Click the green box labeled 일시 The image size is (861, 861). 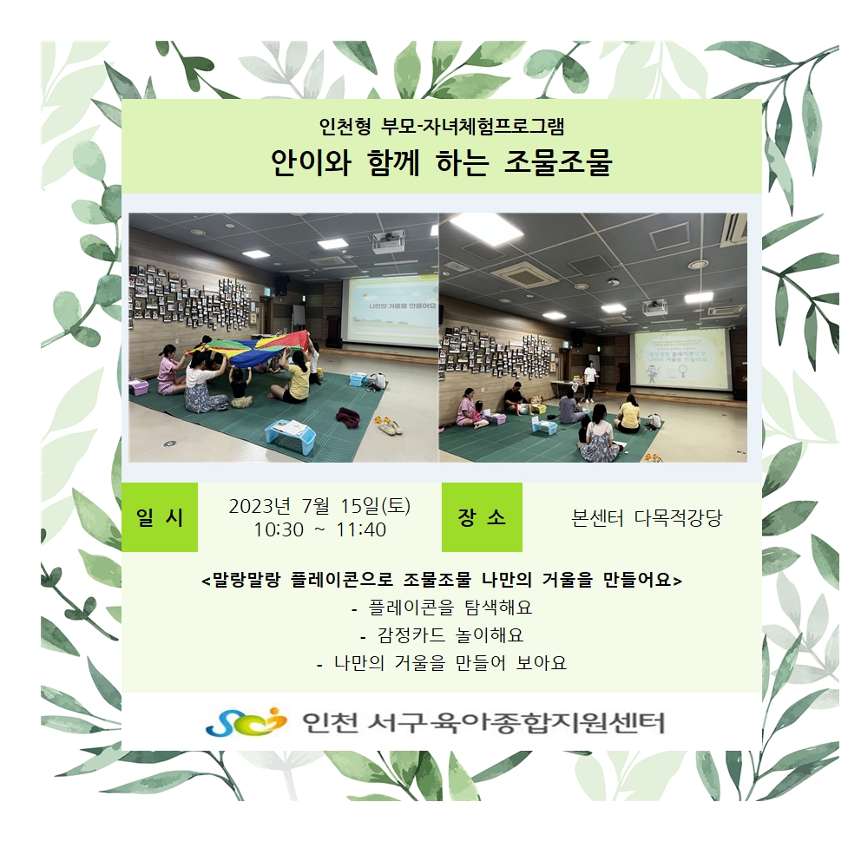(159, 516)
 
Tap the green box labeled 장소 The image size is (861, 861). (482, 516)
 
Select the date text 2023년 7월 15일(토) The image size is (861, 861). (319, 505)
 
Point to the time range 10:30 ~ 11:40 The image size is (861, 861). (319, 529)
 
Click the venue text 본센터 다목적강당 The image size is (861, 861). (647, 518)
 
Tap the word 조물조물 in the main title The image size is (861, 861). (558, 162)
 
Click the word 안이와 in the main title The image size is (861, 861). (311, 162)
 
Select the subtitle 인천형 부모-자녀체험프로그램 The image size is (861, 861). (442, 127)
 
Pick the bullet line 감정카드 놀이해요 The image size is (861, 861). (442, 634)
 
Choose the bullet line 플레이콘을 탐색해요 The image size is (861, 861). (442, 608)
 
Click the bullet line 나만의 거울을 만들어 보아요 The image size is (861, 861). (442, 663)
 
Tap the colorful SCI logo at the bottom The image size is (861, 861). (246, 721)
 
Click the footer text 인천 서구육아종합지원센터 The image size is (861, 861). (483, 723)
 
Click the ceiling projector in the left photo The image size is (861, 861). (388, 241)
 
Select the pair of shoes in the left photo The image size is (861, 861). (388, 424)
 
